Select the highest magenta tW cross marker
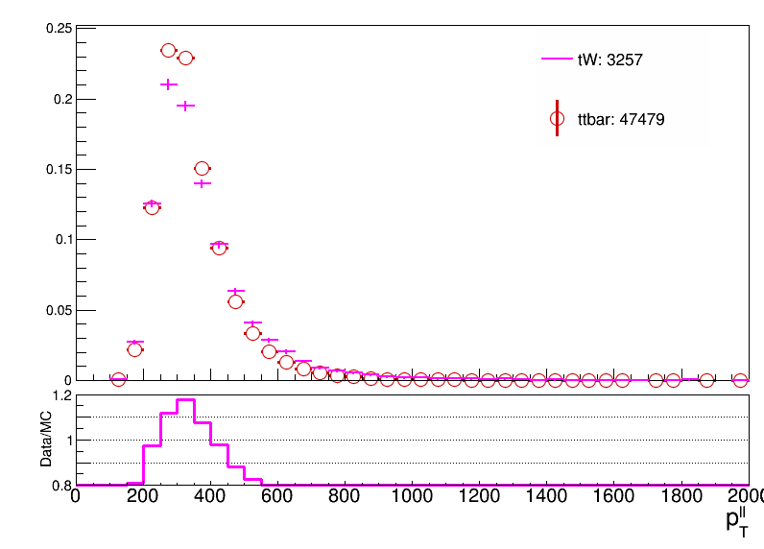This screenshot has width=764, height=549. click(169, 84)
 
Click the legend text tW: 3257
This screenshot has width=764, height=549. click(610, 60)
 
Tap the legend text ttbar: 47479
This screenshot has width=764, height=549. click(621, 119)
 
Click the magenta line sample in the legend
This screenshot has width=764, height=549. click(557, 59)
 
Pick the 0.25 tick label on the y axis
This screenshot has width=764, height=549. click(59, 29)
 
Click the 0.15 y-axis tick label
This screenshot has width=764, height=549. click(59, 170)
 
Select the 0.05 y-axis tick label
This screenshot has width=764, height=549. click(59, 310)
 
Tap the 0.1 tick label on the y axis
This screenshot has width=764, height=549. click(63, 240)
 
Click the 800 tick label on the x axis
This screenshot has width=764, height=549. click(345, 496)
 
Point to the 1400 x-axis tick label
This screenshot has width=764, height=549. click(546, 496)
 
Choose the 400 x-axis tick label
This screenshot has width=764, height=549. click(210, 496)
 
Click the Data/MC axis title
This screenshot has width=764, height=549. click(46, 439)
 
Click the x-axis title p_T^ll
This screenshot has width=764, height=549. click(737, 523)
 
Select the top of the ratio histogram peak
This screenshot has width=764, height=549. click(185, 400)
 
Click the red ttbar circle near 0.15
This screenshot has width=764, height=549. click(202, 169)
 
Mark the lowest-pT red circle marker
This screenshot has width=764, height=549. click(118, 379)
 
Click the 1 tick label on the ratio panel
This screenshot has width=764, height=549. click(69, 440)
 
